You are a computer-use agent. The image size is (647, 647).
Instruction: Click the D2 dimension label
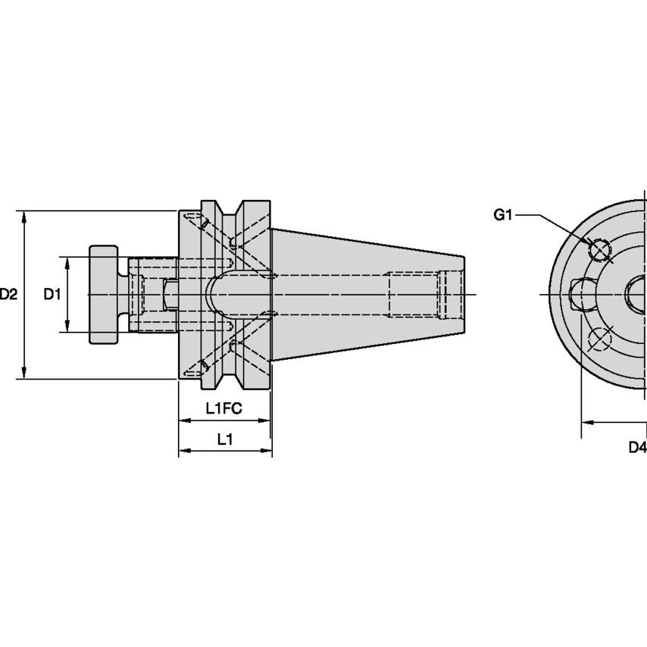(x=8, y=294)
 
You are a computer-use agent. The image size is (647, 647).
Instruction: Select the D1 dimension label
(x=52, y=294)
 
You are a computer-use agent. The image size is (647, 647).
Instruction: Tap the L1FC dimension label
(x=223, y=408)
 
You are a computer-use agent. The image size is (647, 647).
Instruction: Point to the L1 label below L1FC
(x=225, y=439)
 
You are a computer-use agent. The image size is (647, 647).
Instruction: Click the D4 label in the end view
(x=637, y=446)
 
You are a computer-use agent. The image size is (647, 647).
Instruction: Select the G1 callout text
(x=503, y=215)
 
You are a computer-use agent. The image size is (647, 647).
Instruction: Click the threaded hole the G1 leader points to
(x=600, y=249)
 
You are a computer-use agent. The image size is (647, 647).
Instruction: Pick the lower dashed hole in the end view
(x=601, y=340)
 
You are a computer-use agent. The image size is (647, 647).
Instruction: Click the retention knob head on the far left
(x=104, y=294)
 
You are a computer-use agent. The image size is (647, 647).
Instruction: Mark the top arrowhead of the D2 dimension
(x=25, y=216)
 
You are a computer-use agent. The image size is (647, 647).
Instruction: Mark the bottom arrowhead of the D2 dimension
(x=25, y=373)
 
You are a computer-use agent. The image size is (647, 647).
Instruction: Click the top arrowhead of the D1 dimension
(x=68, y=262)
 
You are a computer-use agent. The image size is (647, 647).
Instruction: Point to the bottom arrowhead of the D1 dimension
(x=68, y=327)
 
